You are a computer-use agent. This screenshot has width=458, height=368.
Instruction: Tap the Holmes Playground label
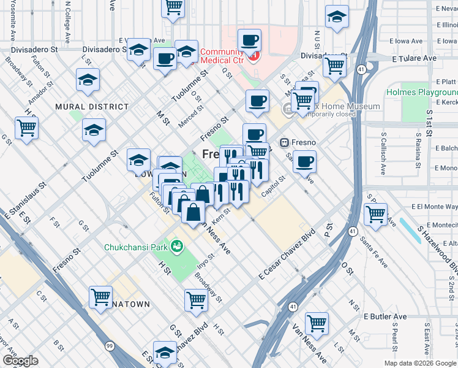tap(421, 93)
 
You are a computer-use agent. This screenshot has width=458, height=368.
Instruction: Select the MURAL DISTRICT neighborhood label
tap(92, 107)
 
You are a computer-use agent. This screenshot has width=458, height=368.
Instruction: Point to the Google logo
tap(20, 361)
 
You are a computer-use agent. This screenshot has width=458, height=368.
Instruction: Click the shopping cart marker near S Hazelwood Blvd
tap(375, 215)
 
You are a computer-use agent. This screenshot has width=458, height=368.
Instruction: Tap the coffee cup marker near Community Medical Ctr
tap(249, 41)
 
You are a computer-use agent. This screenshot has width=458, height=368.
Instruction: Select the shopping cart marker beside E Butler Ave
tap(317, 323)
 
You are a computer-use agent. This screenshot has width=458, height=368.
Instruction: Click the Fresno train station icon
tap(284, 143)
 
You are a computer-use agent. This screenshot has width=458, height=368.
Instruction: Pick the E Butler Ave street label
tap(385, 317)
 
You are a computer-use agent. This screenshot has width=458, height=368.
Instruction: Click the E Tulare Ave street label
tap(414, 58)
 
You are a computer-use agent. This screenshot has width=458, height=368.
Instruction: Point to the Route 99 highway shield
tap(110, 347)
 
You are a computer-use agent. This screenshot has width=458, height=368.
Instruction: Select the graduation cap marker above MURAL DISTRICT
tap(88, 80)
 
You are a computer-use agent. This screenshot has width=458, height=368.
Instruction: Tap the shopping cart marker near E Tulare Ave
tap(335, 65)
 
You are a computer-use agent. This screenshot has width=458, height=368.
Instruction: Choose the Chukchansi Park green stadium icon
tap(178, 247)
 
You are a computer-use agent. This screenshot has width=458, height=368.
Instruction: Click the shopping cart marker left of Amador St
tap(26, 129)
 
